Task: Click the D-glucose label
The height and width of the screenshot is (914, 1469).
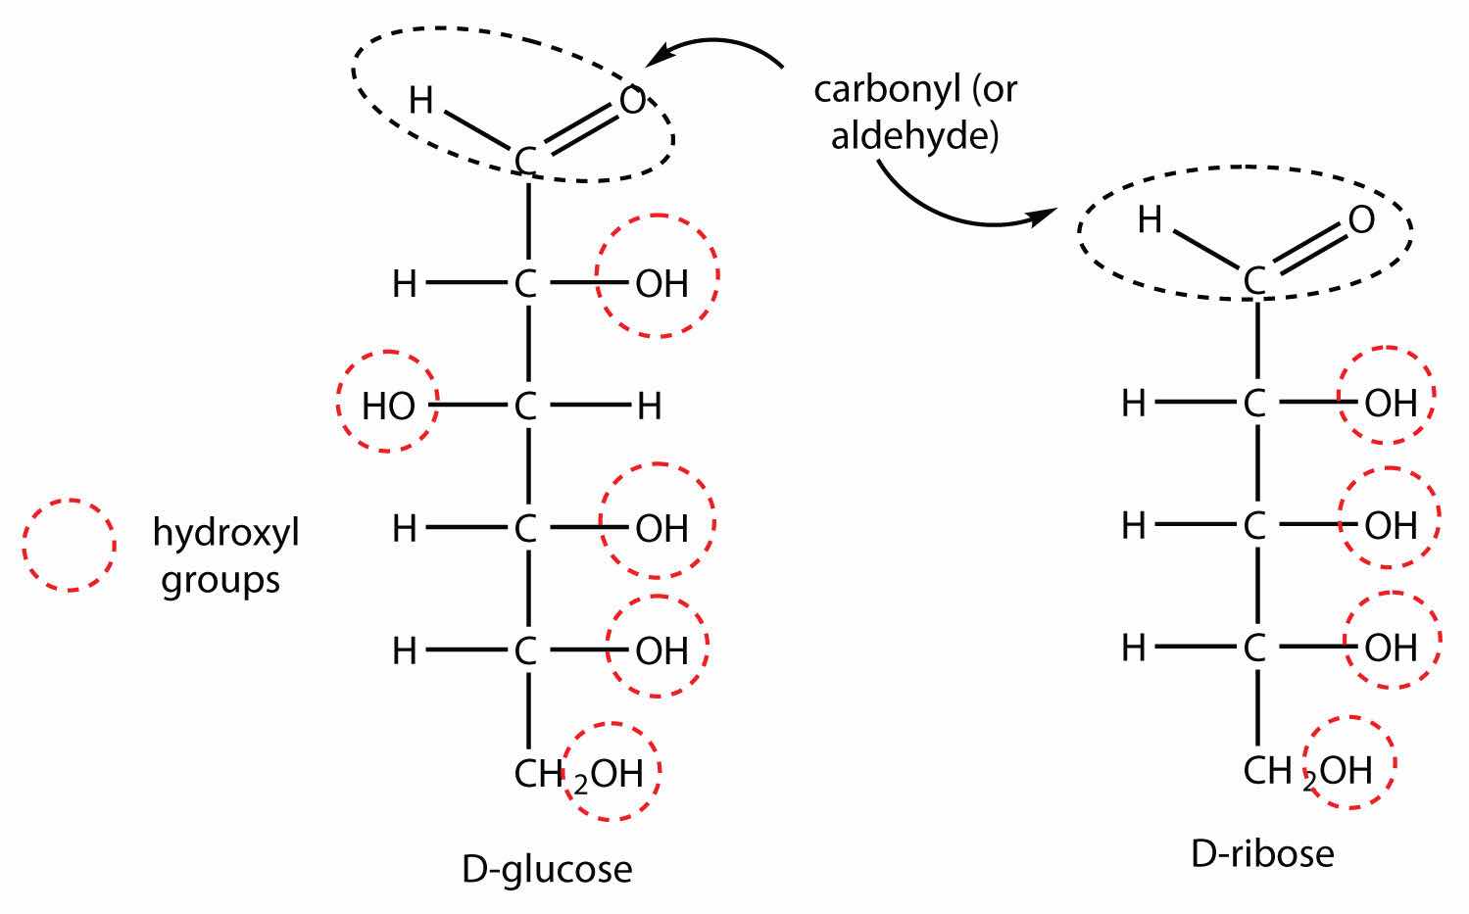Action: [547, 869]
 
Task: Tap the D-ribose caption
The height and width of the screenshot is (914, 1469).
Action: [1262, 853]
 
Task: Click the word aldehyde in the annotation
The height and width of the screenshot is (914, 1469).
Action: [914, 135]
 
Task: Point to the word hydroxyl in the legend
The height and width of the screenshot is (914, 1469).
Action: [225, 534]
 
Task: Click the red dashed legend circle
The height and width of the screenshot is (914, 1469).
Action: [70, 545]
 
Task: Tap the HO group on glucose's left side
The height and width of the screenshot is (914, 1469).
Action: [388, 406]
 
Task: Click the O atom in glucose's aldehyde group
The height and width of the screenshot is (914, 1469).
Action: [633, 100]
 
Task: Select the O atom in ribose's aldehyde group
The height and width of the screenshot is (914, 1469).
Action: [1361, 220]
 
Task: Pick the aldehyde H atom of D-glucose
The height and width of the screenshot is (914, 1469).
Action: [420, 100]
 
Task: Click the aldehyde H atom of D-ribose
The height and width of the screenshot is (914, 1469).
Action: [1150, 220]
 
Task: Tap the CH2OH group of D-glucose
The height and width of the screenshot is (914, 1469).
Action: [578, 774]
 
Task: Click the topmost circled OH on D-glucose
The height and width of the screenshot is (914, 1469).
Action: [661, 284]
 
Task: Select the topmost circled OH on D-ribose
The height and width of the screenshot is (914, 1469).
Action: [1391, 403]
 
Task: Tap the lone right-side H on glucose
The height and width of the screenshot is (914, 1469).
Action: [649, 406]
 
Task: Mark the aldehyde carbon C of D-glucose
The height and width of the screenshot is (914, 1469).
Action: [526, 161]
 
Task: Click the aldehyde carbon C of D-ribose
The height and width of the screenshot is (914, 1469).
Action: [1254, 282]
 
